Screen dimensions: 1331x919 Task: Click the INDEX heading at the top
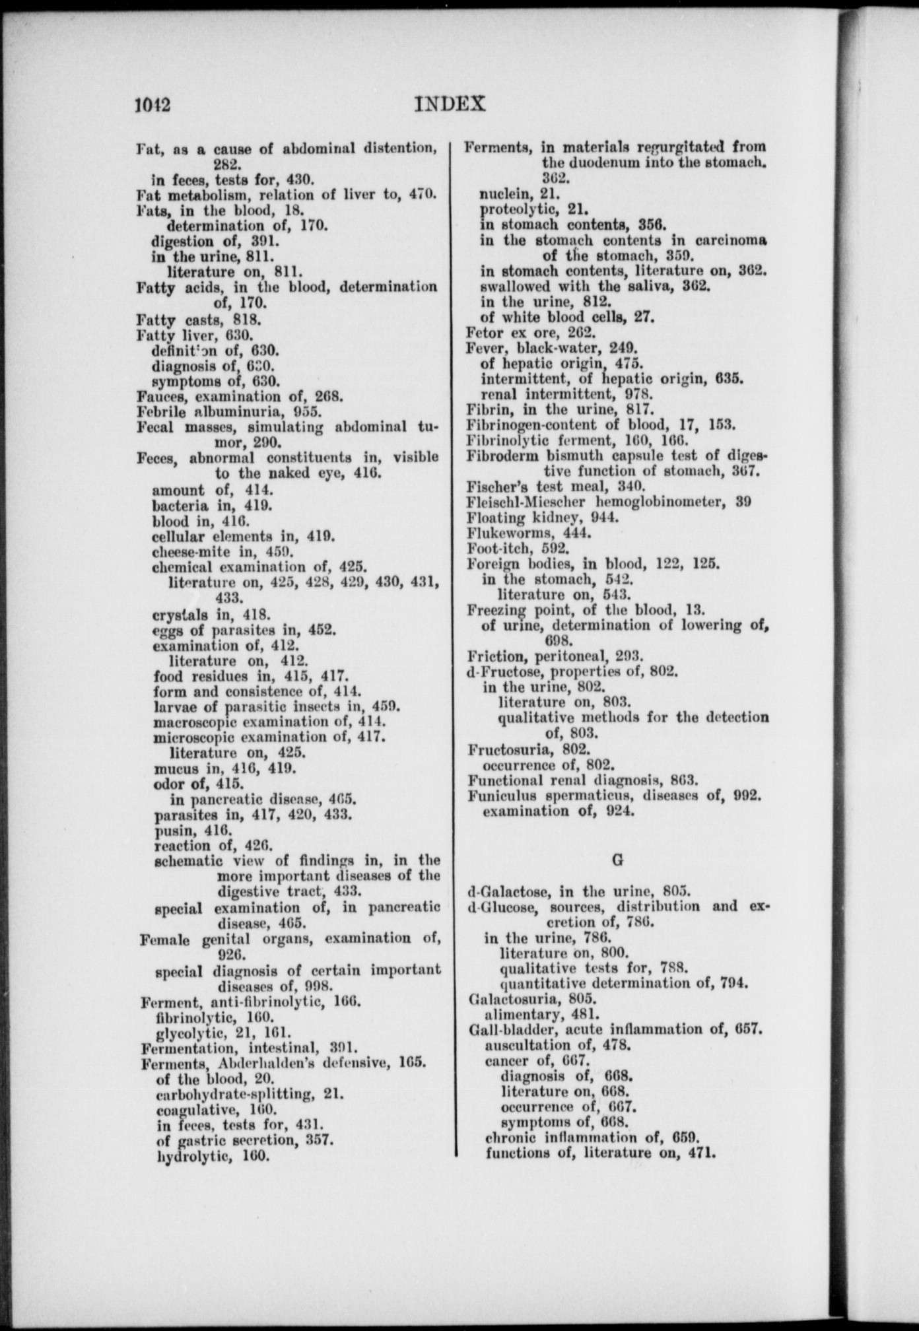451,104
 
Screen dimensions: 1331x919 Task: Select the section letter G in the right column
617,860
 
